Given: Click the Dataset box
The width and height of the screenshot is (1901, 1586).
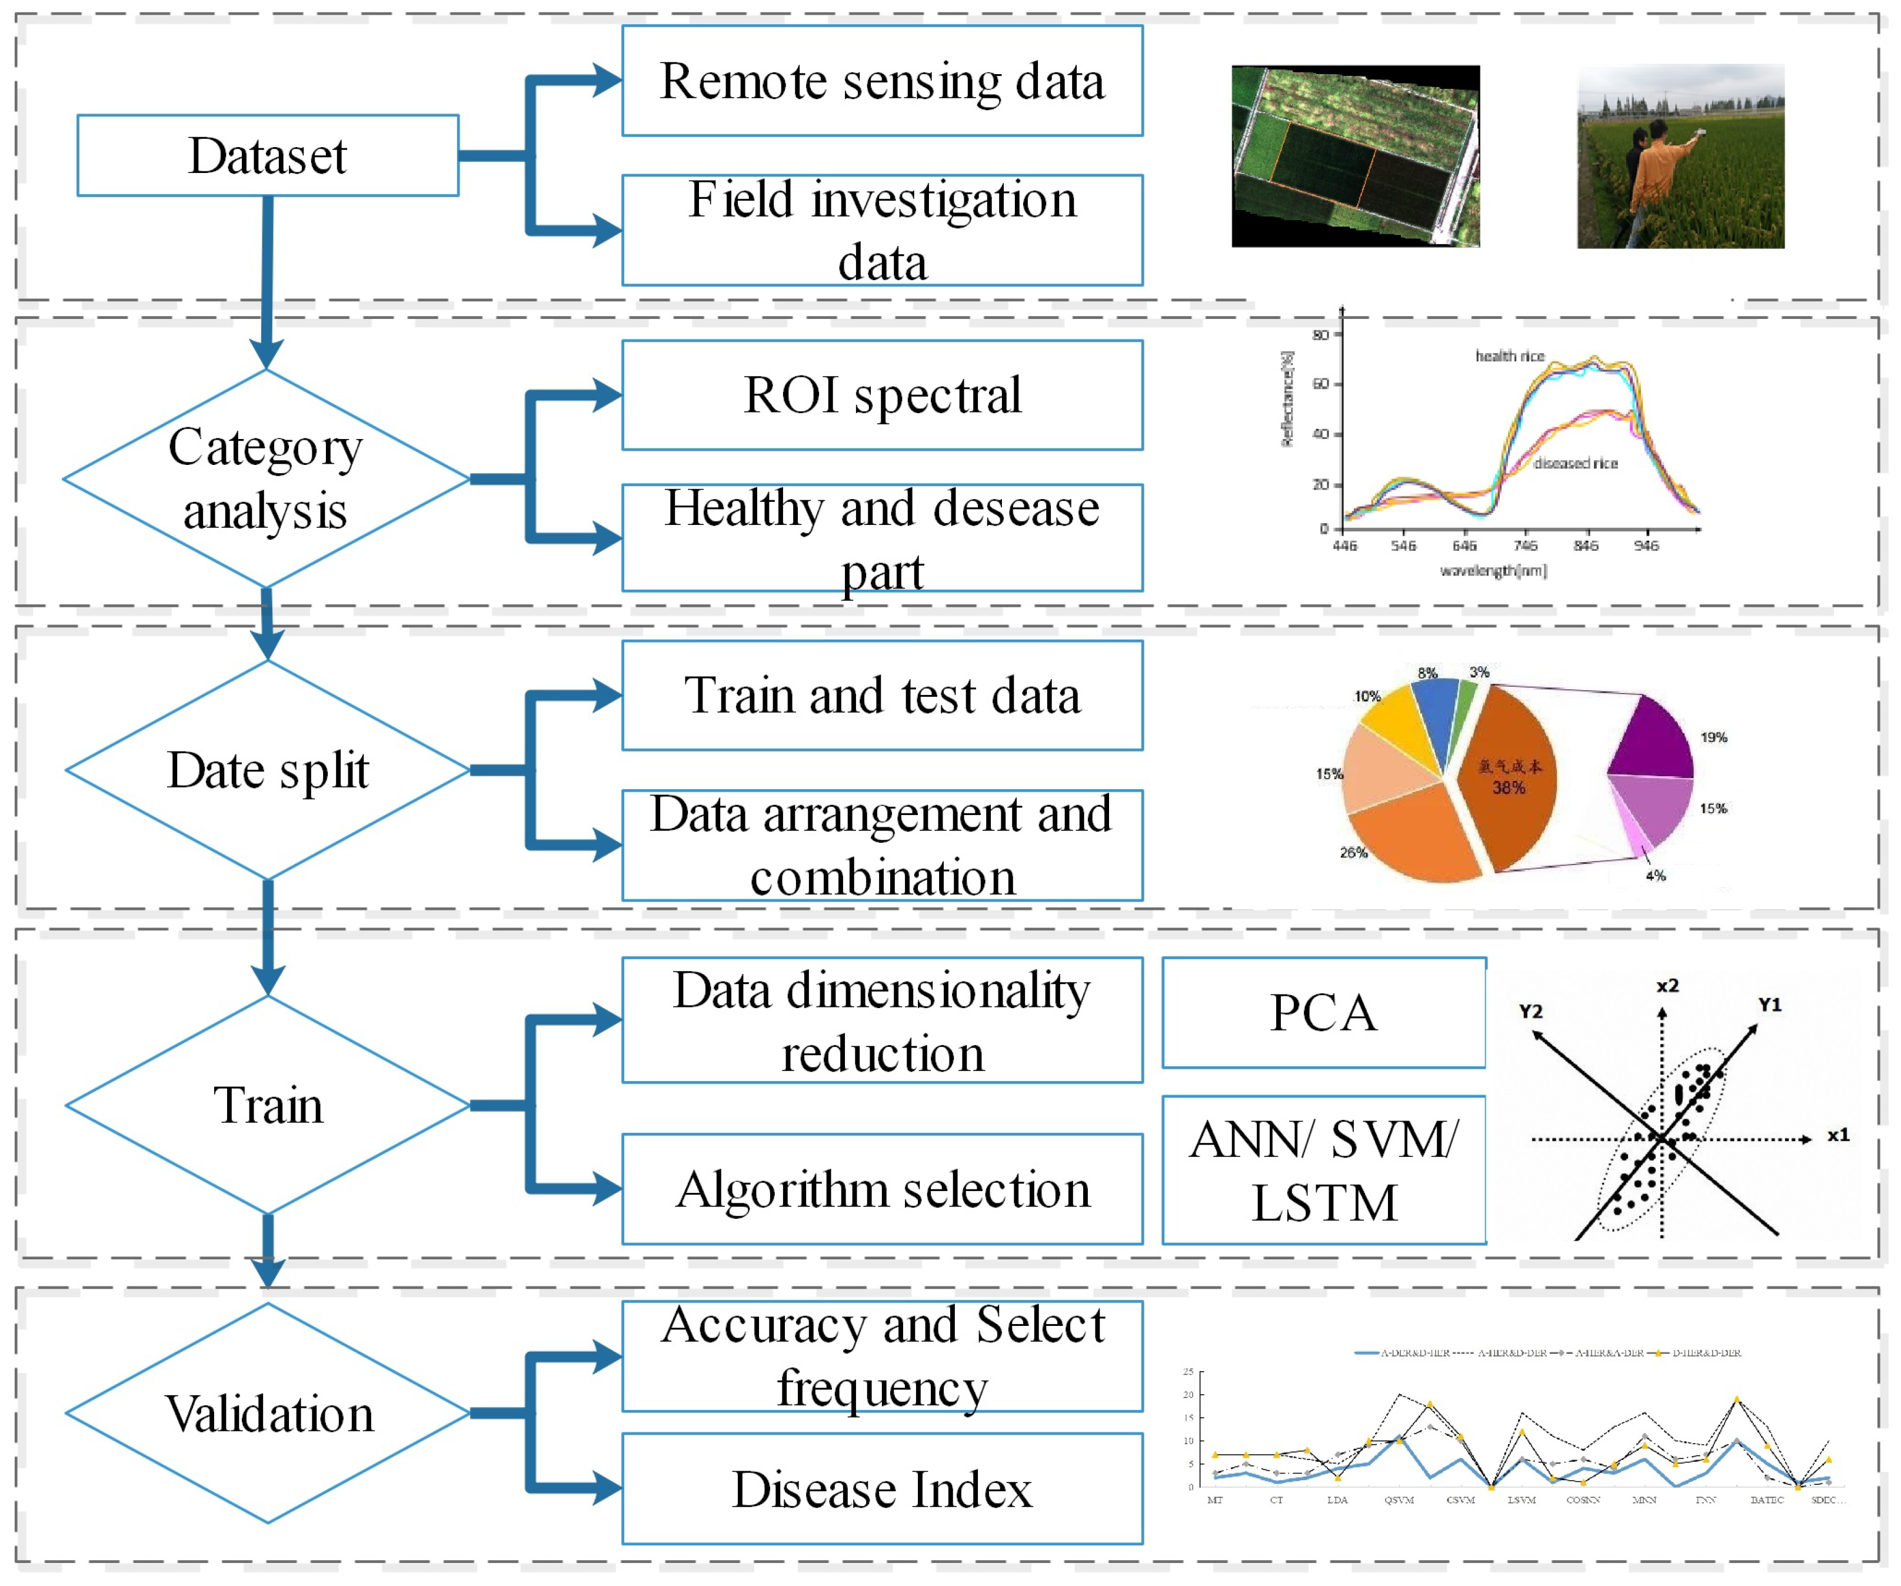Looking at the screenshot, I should (268, 156).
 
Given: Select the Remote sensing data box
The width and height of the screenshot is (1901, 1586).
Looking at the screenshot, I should (882, 81).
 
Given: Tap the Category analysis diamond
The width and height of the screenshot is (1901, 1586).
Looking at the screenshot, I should (266, 479).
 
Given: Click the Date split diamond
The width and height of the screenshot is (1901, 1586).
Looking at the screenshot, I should (268, 770).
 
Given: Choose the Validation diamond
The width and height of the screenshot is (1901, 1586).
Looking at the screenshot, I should (268, 1413).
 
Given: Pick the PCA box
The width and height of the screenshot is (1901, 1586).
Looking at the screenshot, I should (1323, 1013).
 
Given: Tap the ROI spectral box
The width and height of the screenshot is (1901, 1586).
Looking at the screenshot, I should (882, 395).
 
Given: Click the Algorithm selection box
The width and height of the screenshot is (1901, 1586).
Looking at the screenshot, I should (882, 1189).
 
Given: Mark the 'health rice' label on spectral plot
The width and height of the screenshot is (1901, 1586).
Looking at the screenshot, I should (1509, 357).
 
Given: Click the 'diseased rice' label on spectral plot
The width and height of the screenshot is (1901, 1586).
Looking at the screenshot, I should (1575, 464).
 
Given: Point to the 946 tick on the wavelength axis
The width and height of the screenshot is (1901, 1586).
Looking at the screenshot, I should (1646, 546).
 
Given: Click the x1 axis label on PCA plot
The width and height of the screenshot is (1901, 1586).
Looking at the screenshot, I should (1837, 1135).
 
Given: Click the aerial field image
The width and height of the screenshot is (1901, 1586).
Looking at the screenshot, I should (1355, 156).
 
